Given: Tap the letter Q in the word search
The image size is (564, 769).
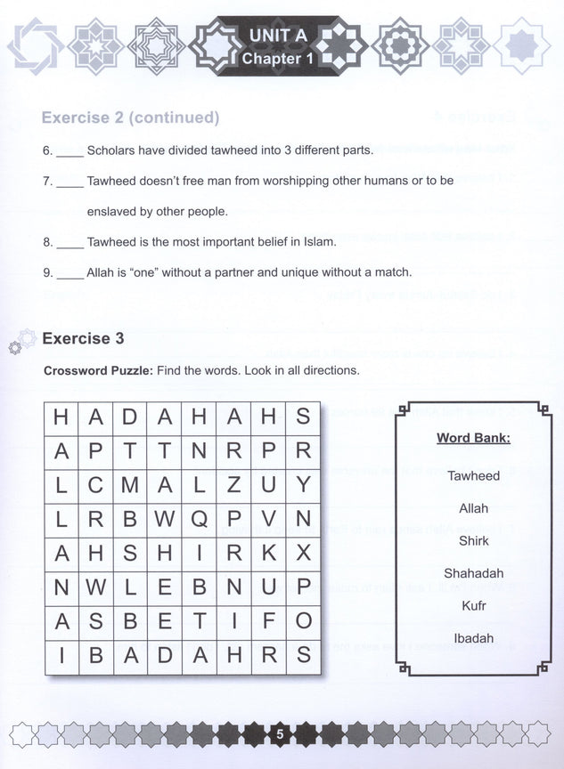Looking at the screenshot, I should (x=200, y=519).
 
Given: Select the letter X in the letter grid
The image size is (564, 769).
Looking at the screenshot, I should (x=303, y=553).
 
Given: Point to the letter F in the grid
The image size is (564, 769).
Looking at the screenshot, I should (x=268, y=621).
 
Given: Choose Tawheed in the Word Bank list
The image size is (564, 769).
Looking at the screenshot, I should (x=473, y=475).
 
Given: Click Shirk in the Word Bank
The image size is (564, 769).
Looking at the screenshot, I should (x=473, y=540).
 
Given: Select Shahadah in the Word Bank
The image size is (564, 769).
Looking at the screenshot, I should (x=473, y=573).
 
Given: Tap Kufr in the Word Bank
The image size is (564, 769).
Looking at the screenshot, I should (x=473, y=605).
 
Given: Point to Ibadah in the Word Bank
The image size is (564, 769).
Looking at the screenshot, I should (x=473, y=637).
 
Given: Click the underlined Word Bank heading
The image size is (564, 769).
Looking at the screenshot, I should (x=473, y=438).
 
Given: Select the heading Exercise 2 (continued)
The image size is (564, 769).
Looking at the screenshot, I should (x=130, y=117).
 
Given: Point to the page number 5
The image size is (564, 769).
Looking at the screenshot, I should (x=280, y=734).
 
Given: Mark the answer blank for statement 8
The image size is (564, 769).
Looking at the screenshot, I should (x=70, y=242).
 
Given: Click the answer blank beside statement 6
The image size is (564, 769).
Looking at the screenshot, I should (x=70, y=151).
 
